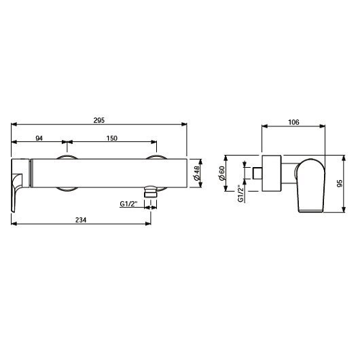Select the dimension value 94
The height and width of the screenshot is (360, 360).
click(x=39, y=139)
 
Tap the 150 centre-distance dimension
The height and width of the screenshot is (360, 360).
click(x=112, y=139)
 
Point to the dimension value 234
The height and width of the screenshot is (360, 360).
click(x=81, y=220)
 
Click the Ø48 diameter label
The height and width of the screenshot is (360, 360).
click(x=197, y=175)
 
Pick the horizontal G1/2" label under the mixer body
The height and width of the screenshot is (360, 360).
click(x=128, y=203)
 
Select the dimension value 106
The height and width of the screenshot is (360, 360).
click(x=294, y=122)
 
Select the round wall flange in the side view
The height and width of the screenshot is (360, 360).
click(x=272, y=174)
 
